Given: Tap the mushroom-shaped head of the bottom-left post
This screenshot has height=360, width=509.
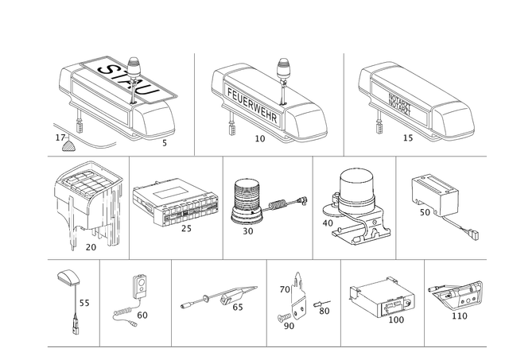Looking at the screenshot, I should pos(66,277).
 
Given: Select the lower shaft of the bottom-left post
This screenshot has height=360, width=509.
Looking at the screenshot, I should pos(76,318).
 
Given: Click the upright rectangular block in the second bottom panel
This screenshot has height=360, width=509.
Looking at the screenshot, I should pos(142,284).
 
